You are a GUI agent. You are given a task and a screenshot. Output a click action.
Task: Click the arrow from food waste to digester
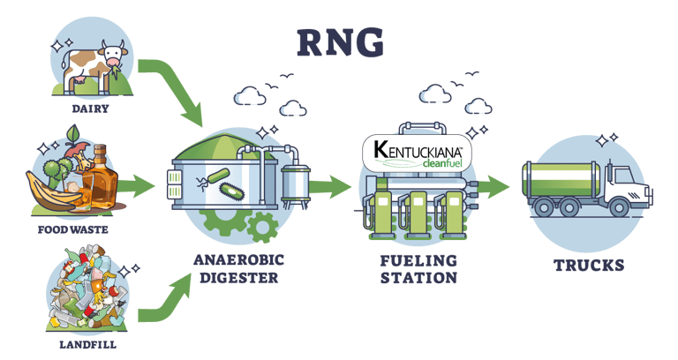134,186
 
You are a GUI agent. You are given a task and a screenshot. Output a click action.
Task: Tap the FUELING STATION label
418,268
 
